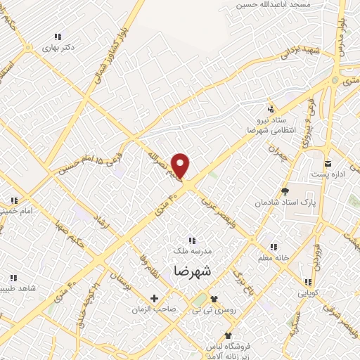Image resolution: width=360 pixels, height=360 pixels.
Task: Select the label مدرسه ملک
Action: click(x=192, y=250)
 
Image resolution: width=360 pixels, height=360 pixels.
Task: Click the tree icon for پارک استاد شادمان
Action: click(x=285, y=191)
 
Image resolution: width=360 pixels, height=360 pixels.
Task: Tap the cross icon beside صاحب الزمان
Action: click(x=154, y=299)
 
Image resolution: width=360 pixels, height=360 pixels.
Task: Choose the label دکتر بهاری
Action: click(x=58, y=48)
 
